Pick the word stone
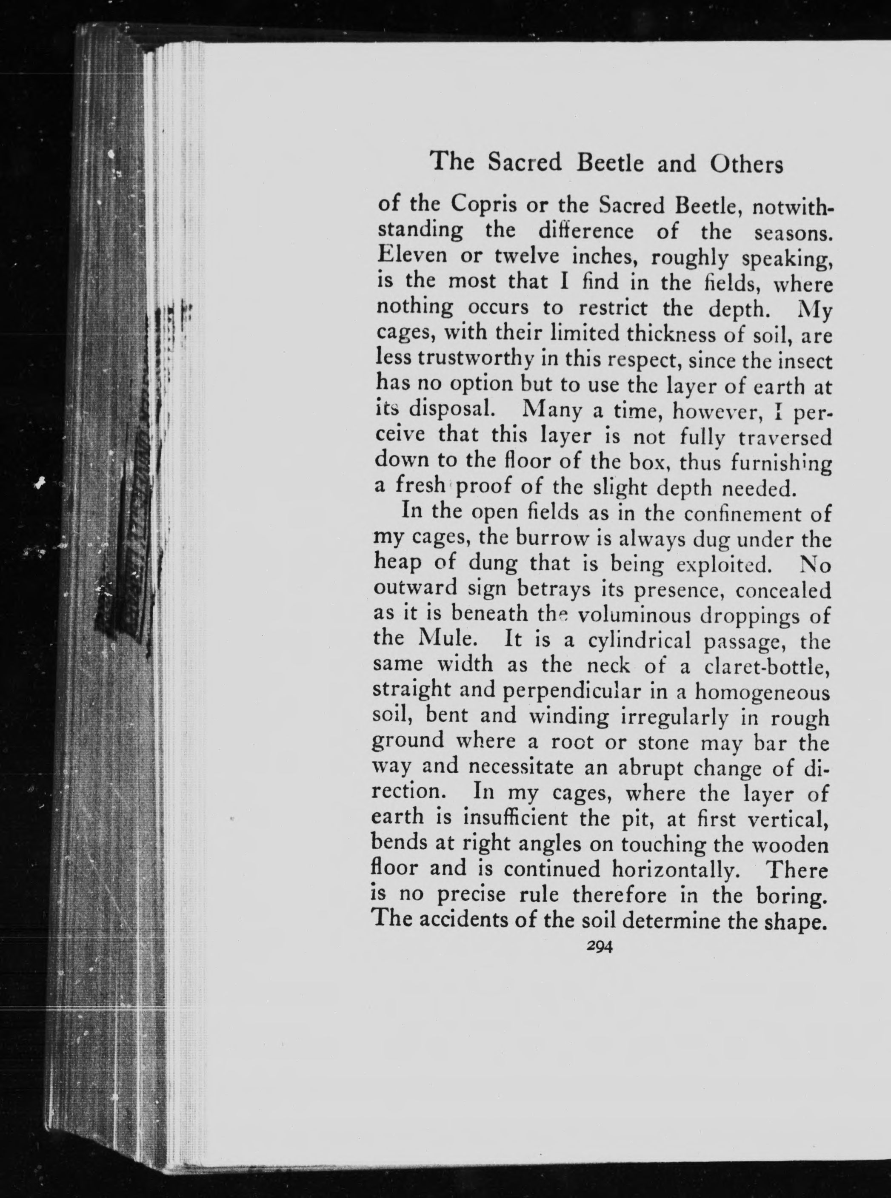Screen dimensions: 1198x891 (661, 743)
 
